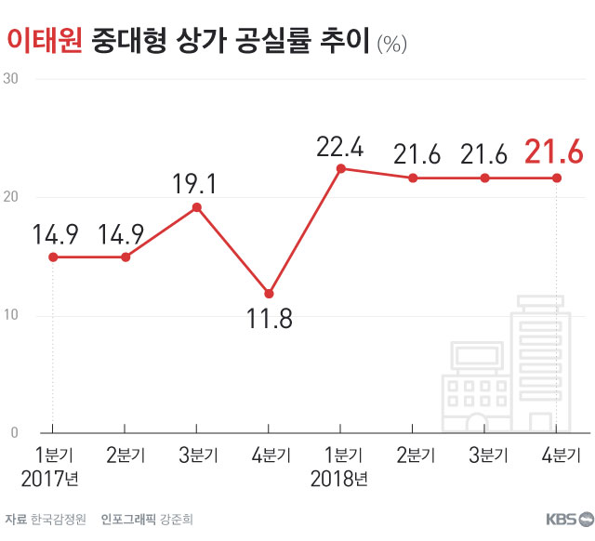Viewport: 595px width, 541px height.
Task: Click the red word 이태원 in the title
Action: (x=44, y=39)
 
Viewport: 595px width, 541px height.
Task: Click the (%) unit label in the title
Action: (x=391, y=42)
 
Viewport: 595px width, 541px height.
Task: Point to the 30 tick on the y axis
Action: (x=12, y=79)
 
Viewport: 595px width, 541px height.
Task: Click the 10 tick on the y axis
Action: (x=12, y=315)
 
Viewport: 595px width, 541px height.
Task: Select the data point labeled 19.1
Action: (x=196, y=206)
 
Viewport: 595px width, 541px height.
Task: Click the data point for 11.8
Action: (x=269, y=294)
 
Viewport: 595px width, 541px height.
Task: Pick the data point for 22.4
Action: (x=340, y=168)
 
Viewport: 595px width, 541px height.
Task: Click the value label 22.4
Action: (x=339, y=147)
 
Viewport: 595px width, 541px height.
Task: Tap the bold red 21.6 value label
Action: (x=554, y=152)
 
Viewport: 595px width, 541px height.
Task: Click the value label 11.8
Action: (x=269, y=321)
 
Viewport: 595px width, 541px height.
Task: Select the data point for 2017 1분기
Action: (x=53, y=257)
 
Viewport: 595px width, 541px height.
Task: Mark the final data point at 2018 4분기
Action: (x=556, y=178)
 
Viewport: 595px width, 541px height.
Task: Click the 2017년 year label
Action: (x=51, y=480)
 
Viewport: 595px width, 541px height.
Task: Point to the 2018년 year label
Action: (x=339, y=480)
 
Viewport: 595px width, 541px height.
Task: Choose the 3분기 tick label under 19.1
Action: (x=196, y=455)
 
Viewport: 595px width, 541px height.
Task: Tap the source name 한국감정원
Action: (x=58, y=519)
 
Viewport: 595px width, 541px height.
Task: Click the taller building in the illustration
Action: (x=544, y=363)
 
